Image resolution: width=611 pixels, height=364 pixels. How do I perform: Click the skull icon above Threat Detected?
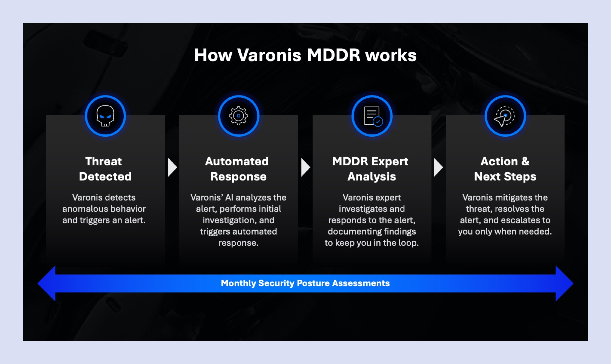pyautogui.click(x=105, y=116)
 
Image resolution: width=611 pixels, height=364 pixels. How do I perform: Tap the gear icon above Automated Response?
pyautogui.click(x=238, y=116)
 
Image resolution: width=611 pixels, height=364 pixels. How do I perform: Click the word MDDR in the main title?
pyautogui.click(x=333, y=55)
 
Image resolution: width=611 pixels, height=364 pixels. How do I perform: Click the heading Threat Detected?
pyautogui.click(x=105, y=169)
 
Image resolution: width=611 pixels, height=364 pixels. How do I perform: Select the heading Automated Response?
pyautogui.click(x=238, y=169)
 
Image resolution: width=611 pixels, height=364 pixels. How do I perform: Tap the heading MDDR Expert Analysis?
pyautogui.click(x=371, y=169)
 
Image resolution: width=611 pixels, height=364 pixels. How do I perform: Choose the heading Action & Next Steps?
pyautogui.click(x=505, y=169)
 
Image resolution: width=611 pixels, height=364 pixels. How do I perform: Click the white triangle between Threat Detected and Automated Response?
pyautogui.click(x=172, y=167)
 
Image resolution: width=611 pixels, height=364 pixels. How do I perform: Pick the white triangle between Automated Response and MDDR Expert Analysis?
pyautogui.click(x=305, y=167)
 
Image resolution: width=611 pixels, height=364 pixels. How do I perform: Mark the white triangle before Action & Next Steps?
pyautogui.click(x=438, y=167)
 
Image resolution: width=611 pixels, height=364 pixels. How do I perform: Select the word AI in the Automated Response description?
pyautogui.click(x=229, y=198)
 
